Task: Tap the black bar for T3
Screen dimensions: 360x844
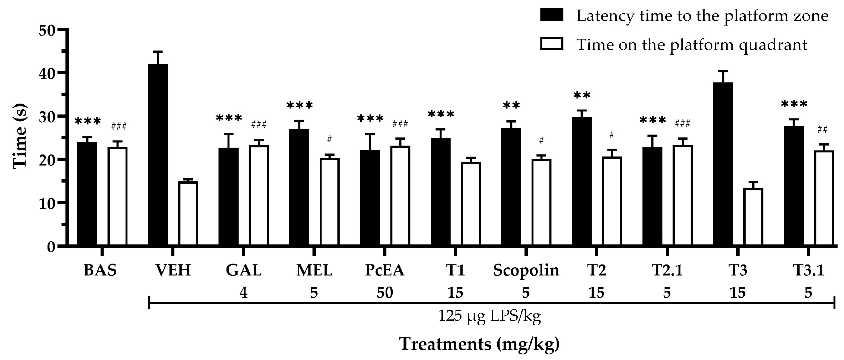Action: [722, 164]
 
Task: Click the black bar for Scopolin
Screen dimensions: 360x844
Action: [511, 186]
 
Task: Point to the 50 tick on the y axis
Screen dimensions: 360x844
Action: [62, 30]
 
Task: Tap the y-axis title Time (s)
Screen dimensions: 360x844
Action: [20, 137]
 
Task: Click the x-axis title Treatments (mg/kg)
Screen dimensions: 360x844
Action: [479, 344]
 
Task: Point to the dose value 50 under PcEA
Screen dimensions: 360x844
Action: [385, 292]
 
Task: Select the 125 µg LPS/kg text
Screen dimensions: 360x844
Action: [489, 316]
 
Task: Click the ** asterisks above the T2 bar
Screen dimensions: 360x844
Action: [582, 96]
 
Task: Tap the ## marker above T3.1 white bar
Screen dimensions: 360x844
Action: [822, 130]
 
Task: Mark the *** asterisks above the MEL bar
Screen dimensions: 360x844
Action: [299, 106]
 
